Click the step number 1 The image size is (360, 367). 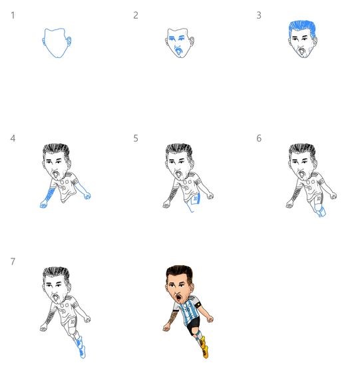13,15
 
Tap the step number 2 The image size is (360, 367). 136,15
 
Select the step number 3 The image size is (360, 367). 259,15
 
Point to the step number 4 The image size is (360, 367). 13,139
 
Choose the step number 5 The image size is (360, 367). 136,139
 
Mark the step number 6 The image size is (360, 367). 259,139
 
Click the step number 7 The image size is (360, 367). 13,262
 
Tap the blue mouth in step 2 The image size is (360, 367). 178,51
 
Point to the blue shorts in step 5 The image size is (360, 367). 195,199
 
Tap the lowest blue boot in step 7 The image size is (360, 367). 83,352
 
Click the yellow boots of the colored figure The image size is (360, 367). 204,346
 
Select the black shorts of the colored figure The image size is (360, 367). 193,324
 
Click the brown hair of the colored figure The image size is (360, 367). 179,272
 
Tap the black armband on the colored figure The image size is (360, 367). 198,305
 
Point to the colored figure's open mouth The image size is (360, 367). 178,298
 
